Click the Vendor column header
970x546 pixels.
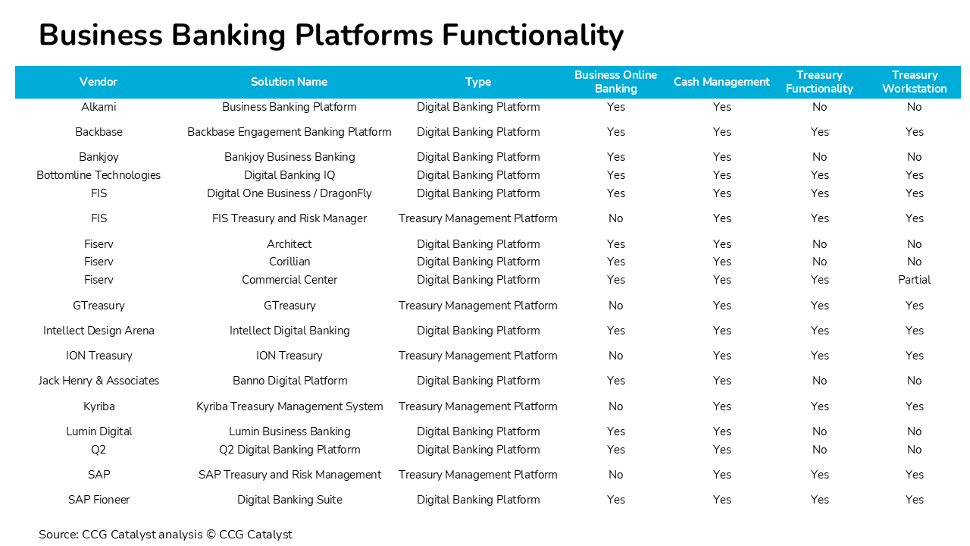[x=99, y=82]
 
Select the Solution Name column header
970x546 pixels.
[x=289, y=82]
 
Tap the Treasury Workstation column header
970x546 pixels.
[x=914, y=82]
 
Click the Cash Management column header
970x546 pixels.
[x=721, y=82]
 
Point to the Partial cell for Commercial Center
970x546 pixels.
[x=914, y=280]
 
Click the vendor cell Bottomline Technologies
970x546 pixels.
[x=99, y=175]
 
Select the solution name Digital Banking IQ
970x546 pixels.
[x=289, y=175]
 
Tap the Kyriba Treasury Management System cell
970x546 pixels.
[x=289, y=406]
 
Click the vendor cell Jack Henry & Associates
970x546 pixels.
[x=99, y=381]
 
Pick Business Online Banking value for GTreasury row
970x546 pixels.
[x=615, y=306]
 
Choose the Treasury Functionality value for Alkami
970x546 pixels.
[x=819, y=107]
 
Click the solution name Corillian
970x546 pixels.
[x=289, y=262]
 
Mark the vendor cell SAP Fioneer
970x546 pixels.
[x=99, y=500]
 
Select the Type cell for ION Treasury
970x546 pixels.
[x=477, y=356]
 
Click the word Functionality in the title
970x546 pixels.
[x=533, y=35]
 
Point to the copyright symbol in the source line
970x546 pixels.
[x=211, y=535]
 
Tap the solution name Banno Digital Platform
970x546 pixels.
[x=289, y=381]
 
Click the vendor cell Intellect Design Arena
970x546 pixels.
[x=99, y=331]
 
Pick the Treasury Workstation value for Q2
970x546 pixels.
[x=914, y=450]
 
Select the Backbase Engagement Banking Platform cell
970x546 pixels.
[x=289, y=132]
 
